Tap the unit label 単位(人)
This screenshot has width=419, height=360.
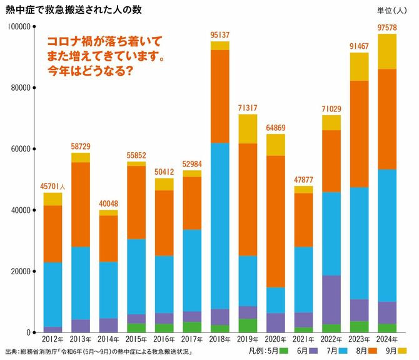(391, 11)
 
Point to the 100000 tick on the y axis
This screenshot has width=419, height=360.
(19, 27)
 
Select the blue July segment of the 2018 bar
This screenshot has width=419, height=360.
(220, 225)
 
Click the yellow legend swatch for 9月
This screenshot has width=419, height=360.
(403, 351)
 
